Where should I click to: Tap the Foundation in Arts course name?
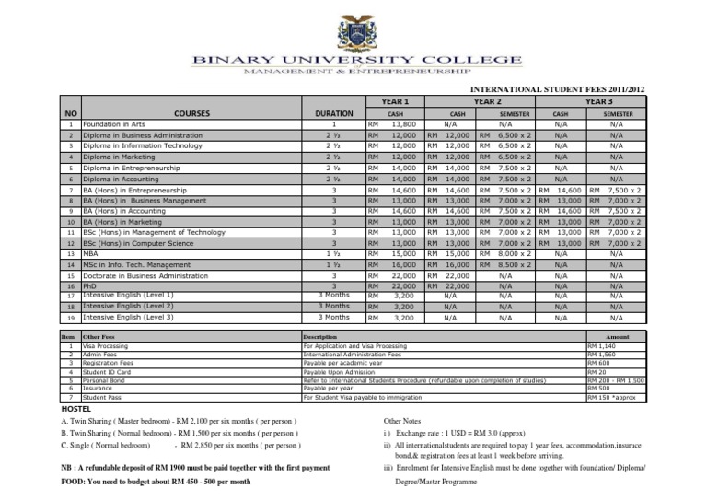(115, 122)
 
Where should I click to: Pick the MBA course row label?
(91, 252)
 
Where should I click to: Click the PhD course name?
(90, 286)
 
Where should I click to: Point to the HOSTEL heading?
(78, 408)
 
